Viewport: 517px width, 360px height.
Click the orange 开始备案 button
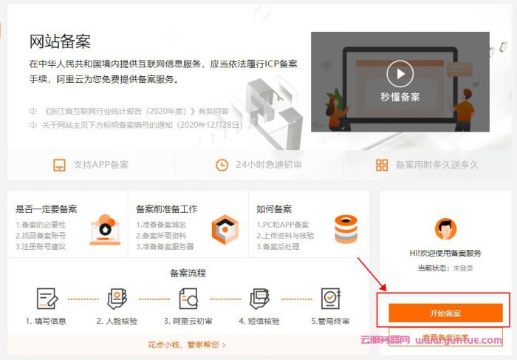click(x=445, y=313)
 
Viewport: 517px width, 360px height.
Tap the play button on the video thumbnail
click(x=400, y=73)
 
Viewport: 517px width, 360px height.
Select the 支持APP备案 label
click(x=100, y=165)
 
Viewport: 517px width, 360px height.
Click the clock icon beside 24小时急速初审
click(x=222, y=165)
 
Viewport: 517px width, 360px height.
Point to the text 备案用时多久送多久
click(x=436, y=165)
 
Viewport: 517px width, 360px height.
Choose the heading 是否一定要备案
click(x=47, y=209)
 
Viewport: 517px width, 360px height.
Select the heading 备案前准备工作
click(x=167, y=209)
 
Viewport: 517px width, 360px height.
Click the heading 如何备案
click(x=274, y=209)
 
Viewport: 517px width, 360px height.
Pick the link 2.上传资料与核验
click(x=285, y=236)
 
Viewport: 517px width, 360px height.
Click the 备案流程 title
click(x=188, y=273)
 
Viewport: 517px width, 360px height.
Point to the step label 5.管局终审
click(x=330, y=322)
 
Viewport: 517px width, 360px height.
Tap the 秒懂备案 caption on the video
click(x=400, y=97)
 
